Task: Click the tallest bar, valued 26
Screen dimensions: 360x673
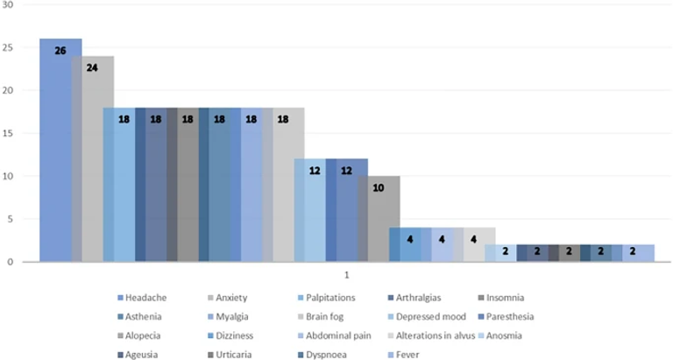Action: pos(60,149)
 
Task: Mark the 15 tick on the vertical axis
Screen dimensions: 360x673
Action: pos(9,133)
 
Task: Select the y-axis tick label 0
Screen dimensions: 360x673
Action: pos(11,262)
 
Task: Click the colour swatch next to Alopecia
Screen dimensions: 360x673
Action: pos(118,335)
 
